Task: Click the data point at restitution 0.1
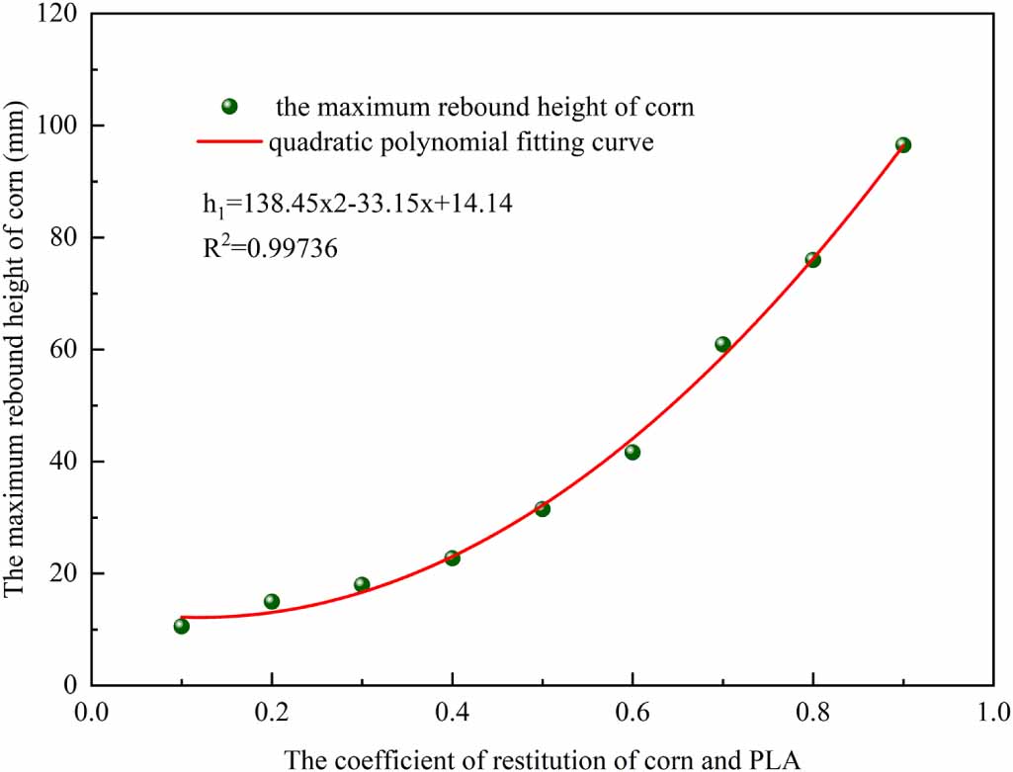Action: point(181,626)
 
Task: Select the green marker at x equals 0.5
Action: point(542,508)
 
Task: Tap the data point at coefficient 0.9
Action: point(902,144)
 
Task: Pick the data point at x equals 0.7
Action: point(722,344)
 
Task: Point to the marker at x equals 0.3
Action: point(362,584)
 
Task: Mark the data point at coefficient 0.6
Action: point(633,452)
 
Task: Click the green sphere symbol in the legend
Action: point(229,106)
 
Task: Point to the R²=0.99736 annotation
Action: point(270,249)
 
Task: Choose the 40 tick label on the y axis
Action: point(65,462)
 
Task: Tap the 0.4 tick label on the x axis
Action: point(452,712)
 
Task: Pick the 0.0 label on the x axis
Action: point(91,712)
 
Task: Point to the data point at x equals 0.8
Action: point(812,260)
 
